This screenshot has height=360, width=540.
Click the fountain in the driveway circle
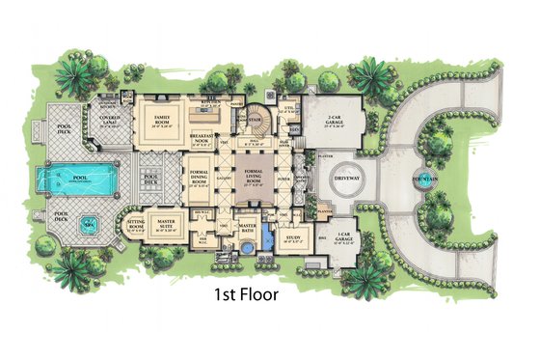[421, 180]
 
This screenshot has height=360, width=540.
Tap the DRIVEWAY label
[347, 180]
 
